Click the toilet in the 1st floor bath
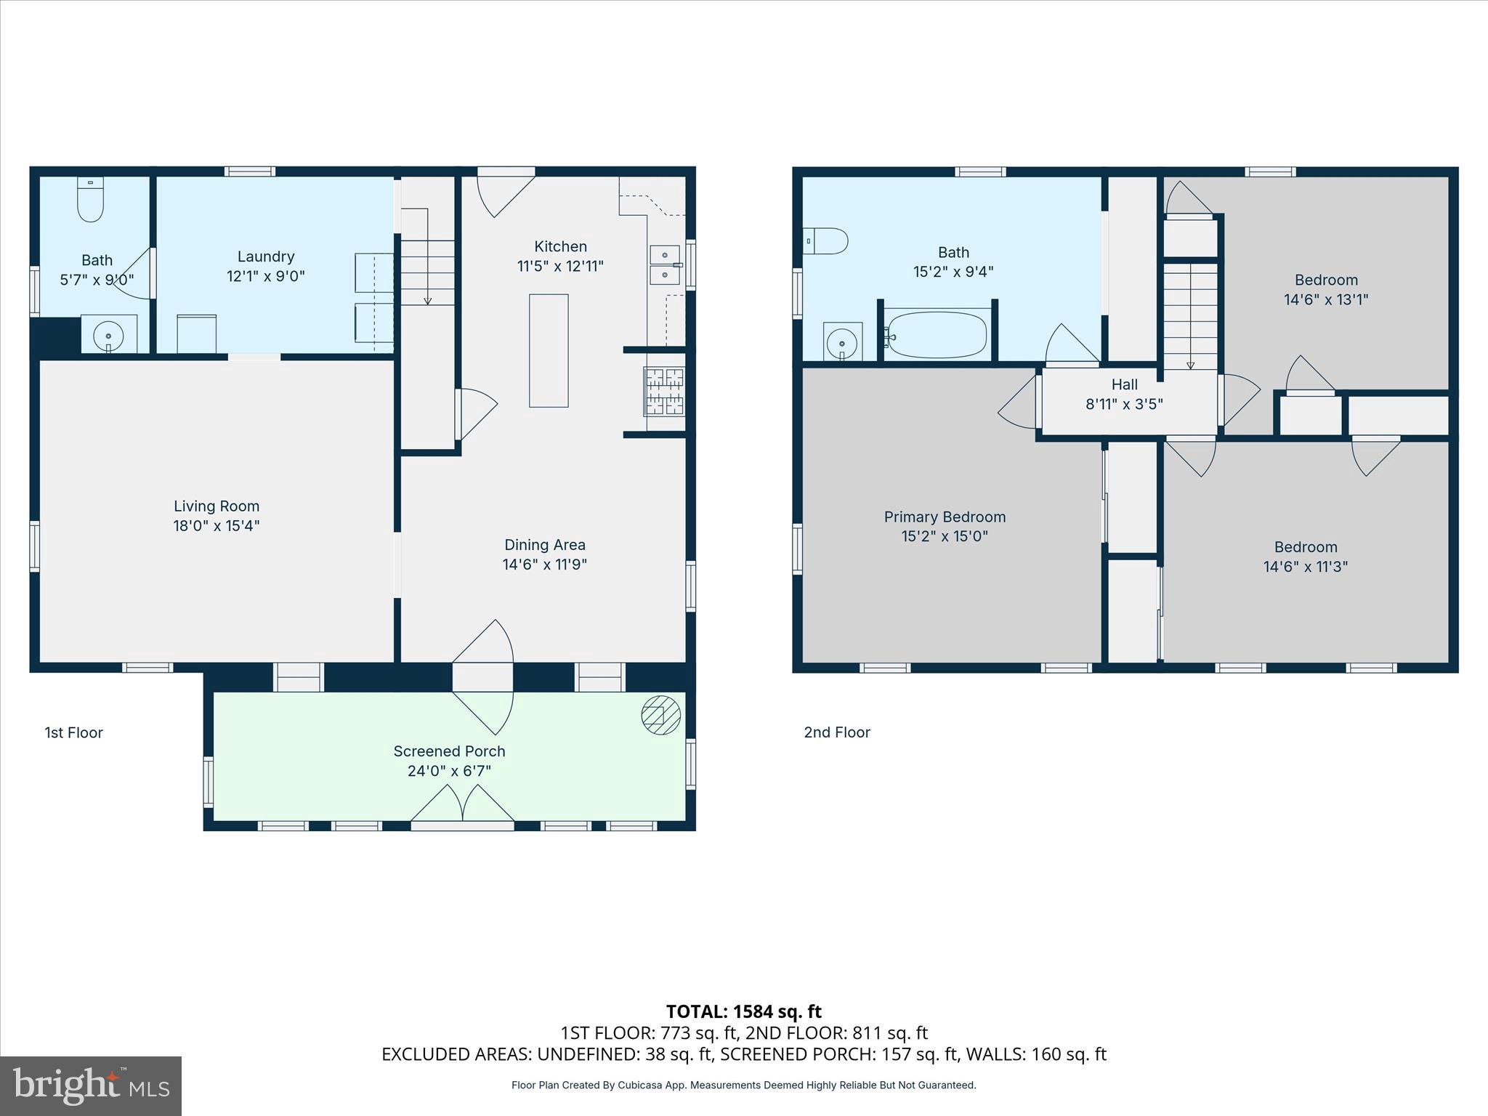point(91,199)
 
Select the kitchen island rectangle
point(549,350)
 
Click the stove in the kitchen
point(664,392)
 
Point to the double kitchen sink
point(664,265)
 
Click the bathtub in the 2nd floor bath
point(937,335)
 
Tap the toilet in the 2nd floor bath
point(828,240)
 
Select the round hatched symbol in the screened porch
point(660,715)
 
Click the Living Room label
point(217,506)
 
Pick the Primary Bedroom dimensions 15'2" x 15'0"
point(945,536)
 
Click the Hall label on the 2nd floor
point(1124,384)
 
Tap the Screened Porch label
point(449,751)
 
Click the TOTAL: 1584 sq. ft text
point(743,1011)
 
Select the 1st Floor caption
point(74,732)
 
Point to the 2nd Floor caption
point(837,732)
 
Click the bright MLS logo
point(91,1085)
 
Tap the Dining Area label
point(544,545)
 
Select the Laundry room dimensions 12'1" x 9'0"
point(265,276)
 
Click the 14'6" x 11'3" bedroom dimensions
point(1305,567)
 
